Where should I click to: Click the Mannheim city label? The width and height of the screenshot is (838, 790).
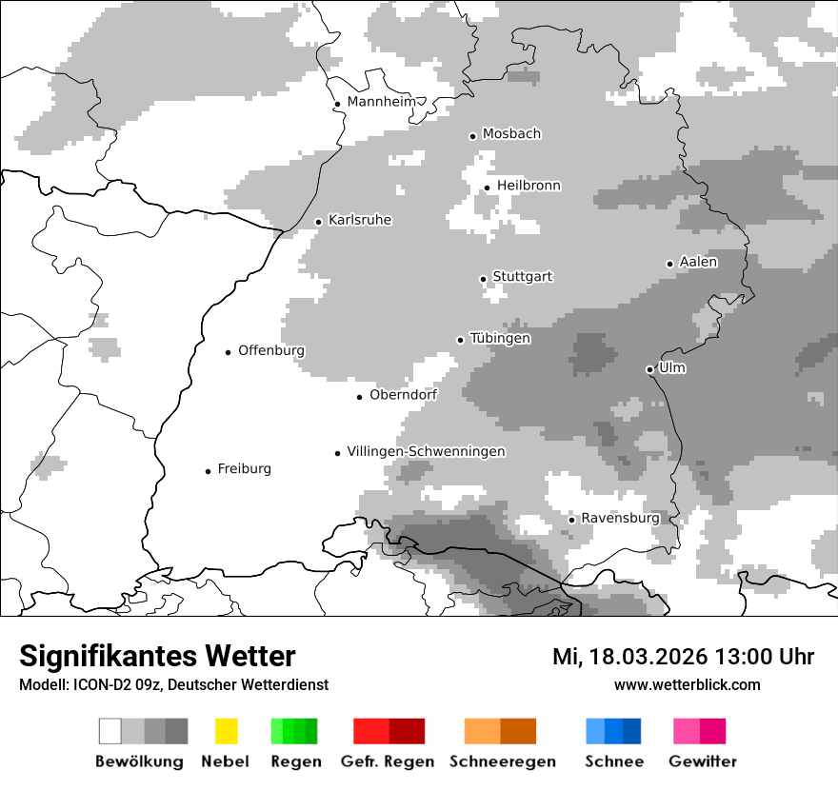[x=381, y=102]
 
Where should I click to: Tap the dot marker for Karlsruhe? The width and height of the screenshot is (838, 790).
[x=319, y=222]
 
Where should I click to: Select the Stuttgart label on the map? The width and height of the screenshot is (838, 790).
[x=522, y=277]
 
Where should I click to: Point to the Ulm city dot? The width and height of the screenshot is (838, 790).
[x=649, y=369]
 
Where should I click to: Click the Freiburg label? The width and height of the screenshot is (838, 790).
[x=244, y=469]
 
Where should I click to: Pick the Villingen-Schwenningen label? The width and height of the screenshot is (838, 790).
[x=426, y=451]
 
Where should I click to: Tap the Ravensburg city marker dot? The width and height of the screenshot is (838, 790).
[x=571, y=520]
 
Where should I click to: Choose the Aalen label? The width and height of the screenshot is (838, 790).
[x=698, y=262]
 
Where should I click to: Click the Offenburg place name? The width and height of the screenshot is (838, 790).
[x=271, y=350]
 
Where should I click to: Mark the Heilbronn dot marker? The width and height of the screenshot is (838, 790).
[x=487, y=188]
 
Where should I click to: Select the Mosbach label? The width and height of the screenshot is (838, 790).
[x=511, y=134]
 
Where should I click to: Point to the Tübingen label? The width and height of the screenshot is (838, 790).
[x=500, y=339]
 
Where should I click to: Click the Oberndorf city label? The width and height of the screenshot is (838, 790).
[x=403, y=395]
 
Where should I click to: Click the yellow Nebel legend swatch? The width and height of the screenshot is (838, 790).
[x=226, y=731]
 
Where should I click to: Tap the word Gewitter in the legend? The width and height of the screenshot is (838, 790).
[x=702, y=761]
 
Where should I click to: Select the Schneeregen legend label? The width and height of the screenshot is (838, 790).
[x=502, y=761]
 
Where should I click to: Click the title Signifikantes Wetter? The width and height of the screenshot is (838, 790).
[x=157, y=656]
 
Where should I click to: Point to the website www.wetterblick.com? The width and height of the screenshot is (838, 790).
[x=687, y=684]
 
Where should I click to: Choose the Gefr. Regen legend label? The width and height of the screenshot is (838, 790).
[x=387, y=761]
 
